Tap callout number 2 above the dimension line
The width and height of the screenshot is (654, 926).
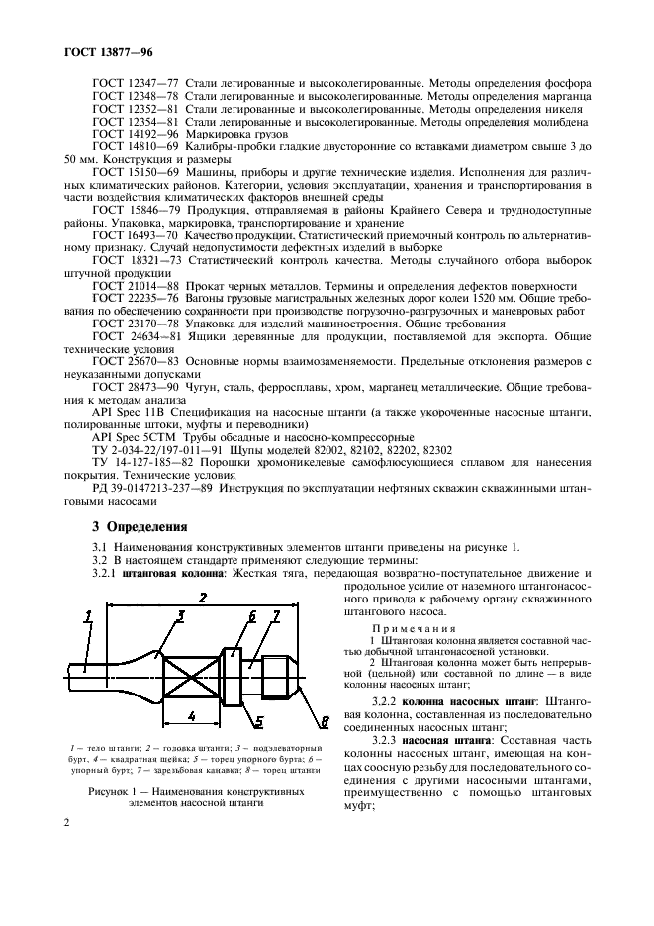[203, 598]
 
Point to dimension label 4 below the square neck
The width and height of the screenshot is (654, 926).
[191, 714]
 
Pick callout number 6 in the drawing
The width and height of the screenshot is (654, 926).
[252, 615]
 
